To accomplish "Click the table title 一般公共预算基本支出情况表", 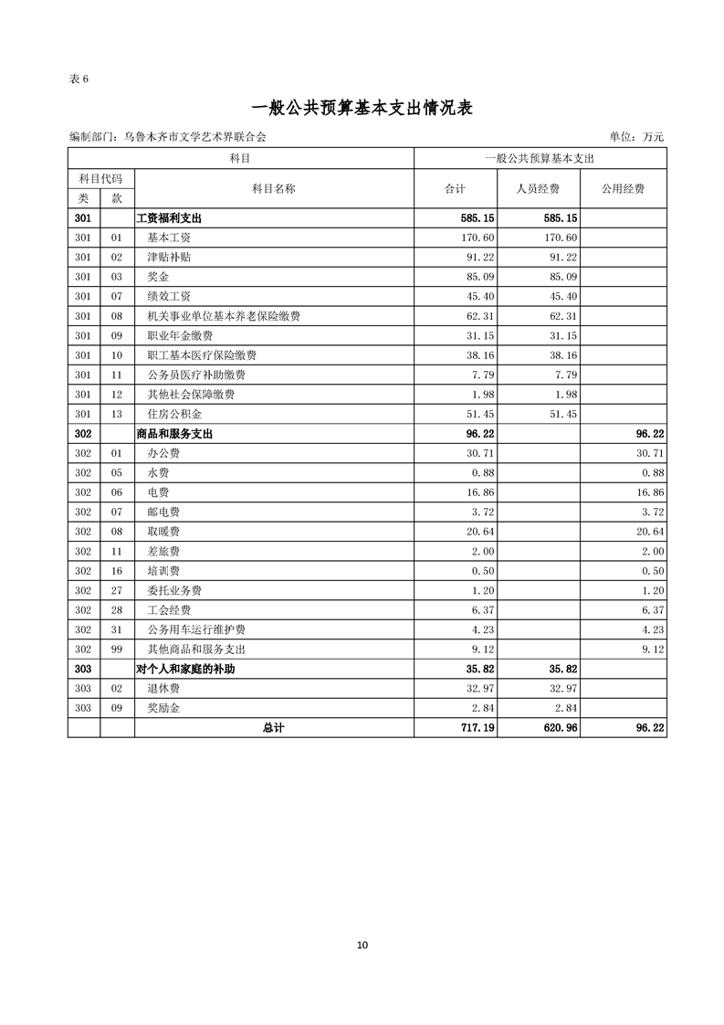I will (x=362, y=108).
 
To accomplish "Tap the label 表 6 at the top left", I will (x=79, y=79).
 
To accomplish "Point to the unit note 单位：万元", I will (x=630, y=137).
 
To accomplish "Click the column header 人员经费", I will (x=539, y=189).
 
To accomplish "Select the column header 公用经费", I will (x=623, y=189).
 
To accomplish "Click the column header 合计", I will (x=455, y=189).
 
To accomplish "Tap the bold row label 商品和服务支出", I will (x=174, y=434).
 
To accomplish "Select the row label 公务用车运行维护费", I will (x=195, y=630).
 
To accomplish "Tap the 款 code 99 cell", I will (x=116, y=650).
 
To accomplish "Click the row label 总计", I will (x=273, y=728).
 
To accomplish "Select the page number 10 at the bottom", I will (x=362, y=946).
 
